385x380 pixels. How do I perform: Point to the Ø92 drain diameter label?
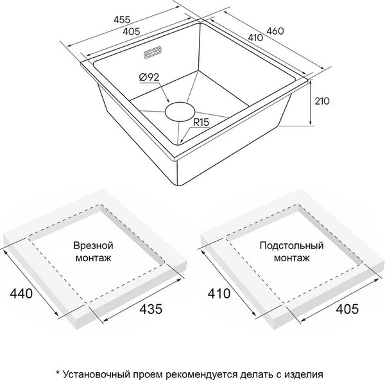coord(148,78)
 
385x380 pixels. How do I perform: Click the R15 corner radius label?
coord(204,120)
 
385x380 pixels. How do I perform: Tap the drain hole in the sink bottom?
coord(182,112)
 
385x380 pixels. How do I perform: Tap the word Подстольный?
coord(286,245)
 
